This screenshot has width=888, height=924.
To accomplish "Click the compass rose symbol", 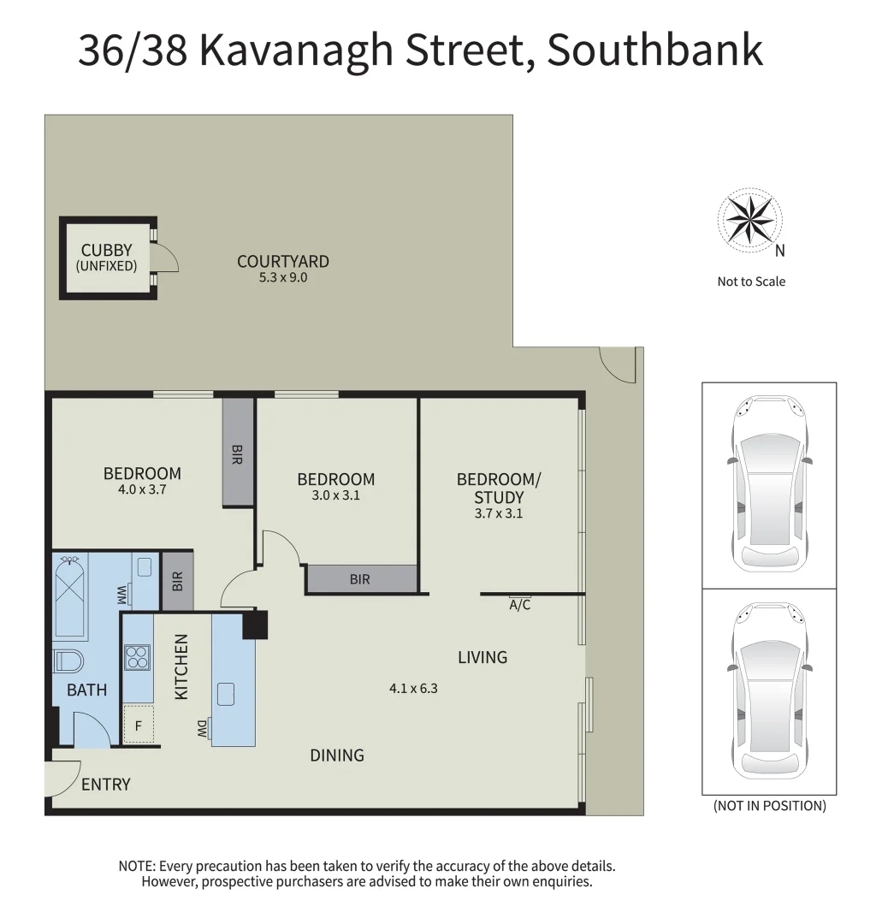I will click(750, 219).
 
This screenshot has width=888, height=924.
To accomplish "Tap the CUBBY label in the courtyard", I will click(107, 251).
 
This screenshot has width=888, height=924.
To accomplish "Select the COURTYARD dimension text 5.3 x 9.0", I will click(283, 277).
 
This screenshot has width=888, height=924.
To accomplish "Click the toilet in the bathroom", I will click(68, 662).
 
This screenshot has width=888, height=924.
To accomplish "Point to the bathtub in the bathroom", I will click(70, 595).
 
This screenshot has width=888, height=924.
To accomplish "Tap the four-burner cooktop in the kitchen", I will click(138, 656).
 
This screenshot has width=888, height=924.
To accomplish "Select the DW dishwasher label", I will click(202, 729).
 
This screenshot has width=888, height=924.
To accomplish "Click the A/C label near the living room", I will click(520, 604).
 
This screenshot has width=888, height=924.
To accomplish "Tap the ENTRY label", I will click(106, 784).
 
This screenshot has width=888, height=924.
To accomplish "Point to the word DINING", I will click(337, 755).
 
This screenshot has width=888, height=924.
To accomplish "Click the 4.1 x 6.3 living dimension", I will click(413, 688).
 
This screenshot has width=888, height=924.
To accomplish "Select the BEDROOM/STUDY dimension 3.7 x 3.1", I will click(499, 514).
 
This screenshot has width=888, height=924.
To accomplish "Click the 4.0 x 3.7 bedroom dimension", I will click(142, 490).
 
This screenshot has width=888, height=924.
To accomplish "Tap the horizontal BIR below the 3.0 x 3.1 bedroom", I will click(360, 579).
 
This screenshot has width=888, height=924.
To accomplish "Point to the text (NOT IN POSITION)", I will click(770, 806).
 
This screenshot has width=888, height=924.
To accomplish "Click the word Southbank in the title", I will click(654, 50).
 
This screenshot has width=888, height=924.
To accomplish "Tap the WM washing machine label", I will click(122, 592).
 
